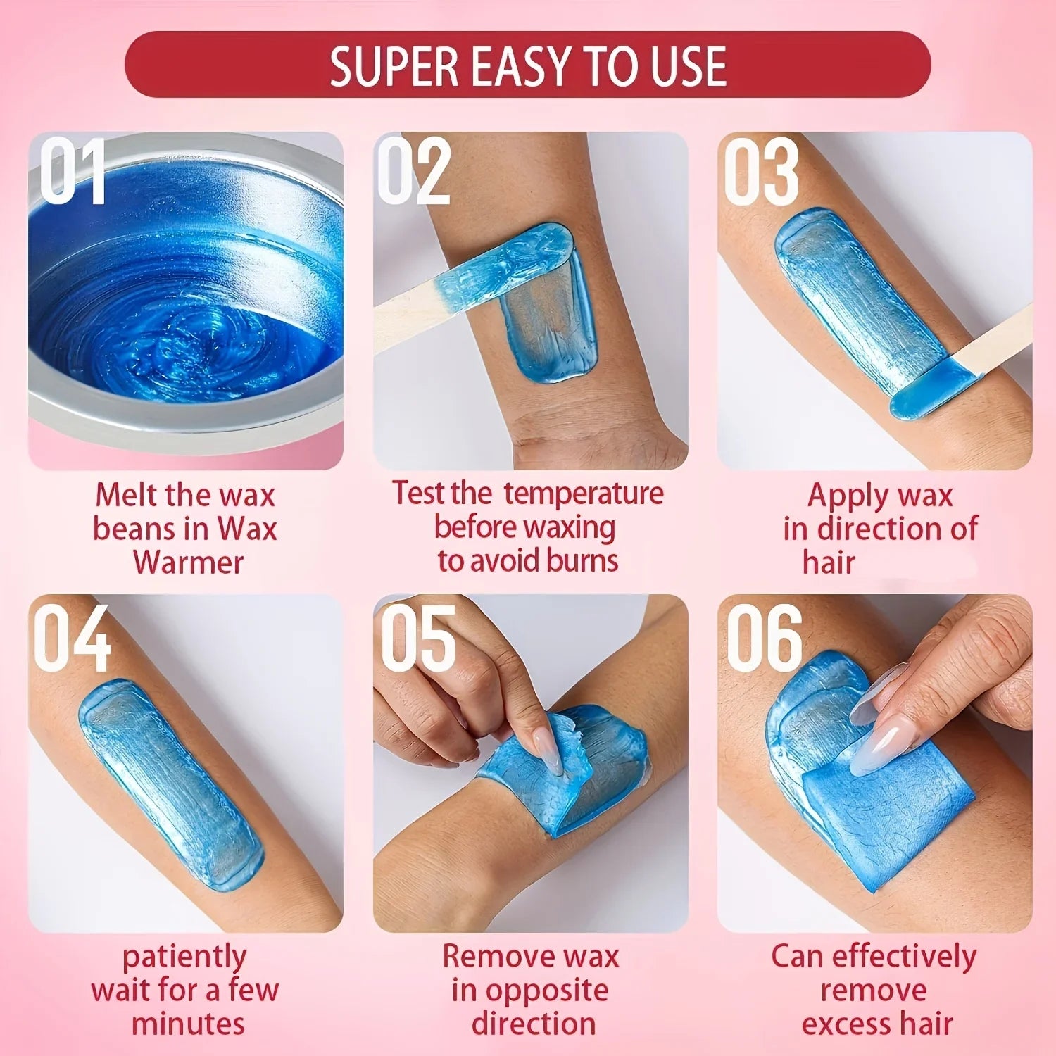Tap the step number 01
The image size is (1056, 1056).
(x=72, y=171)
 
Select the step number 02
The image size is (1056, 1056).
(x=414, y=171)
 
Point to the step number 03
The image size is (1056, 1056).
(x=762, y=171)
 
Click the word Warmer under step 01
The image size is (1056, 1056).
(x=188, y=562)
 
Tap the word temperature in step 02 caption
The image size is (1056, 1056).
(x=583, y=493)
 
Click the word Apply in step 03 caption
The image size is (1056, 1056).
(x=841, y=496)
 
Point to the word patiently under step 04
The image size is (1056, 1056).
(x=184, y=957)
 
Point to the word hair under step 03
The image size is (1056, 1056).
(x=829, y=562)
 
